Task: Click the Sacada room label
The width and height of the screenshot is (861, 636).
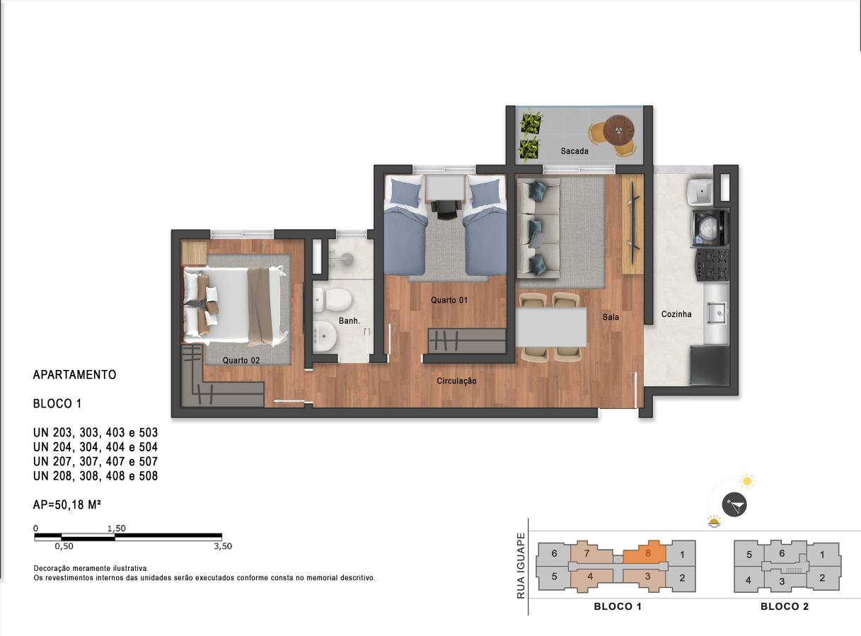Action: coord(574,151)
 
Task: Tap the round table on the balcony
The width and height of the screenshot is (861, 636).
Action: coord(619,130)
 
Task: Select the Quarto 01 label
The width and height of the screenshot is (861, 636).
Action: coord(449,300)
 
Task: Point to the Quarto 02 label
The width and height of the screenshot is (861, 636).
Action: coord(241,360)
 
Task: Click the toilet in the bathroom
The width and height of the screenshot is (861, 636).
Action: coord(333,300)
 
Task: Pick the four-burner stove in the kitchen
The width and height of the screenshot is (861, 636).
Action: coord(711,265)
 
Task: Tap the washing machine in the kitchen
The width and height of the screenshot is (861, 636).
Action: coord(710,228)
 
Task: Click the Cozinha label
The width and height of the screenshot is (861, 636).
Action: coord(676,314)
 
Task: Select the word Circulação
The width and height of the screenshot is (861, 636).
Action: coord(456,381)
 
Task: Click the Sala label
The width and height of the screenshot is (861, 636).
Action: coord(611,317)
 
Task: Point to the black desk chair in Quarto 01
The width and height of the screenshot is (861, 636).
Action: coord(446,209)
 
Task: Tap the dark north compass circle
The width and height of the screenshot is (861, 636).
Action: coord(734,504)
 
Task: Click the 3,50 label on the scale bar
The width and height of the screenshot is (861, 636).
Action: coord(223,546)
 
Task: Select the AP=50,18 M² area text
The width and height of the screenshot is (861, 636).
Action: coord(67,504)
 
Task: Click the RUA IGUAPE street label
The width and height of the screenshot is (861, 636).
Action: coord(521,566)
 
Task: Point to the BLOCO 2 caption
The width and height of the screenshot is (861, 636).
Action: coord(785,606)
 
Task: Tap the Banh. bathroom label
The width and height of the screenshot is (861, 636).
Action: coord(349,320)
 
